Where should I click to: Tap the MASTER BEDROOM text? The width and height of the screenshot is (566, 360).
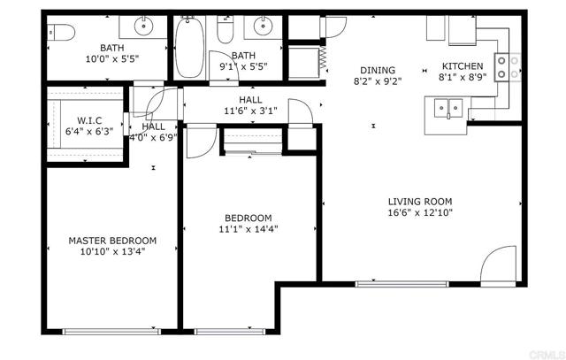point(112,240)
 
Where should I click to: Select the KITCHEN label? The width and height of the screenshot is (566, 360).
point(463,66)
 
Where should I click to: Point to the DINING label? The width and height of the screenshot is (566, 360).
point(377,71)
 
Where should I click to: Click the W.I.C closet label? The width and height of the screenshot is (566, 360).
point(90,119)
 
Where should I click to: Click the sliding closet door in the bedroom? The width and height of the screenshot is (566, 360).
point(252,153)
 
